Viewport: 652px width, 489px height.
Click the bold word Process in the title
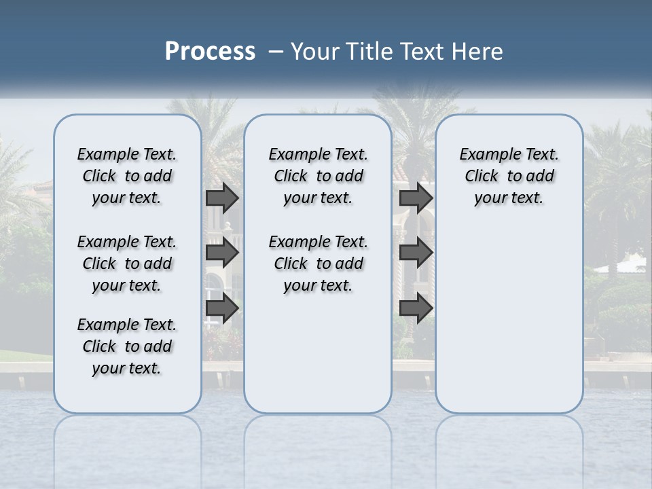point(210,51)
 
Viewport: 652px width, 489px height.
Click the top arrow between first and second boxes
point(222,198)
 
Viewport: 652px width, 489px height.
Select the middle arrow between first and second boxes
point(222,253)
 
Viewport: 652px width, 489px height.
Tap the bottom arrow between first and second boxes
point(222,308)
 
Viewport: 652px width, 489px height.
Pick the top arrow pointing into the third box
point(416,198)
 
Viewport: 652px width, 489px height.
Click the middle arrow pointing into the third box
point(416,253)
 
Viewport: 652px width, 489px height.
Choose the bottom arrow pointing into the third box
point(416,308)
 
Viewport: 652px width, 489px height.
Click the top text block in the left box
point(127,176)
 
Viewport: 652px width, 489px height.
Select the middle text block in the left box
point(127,264)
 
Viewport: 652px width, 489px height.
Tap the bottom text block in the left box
point(127,346)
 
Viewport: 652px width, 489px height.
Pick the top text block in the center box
point(318,176)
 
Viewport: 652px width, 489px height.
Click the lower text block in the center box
point(318,264)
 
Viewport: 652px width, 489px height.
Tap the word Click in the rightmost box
point(482,177)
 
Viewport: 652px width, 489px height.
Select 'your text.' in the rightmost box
point(509,198)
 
